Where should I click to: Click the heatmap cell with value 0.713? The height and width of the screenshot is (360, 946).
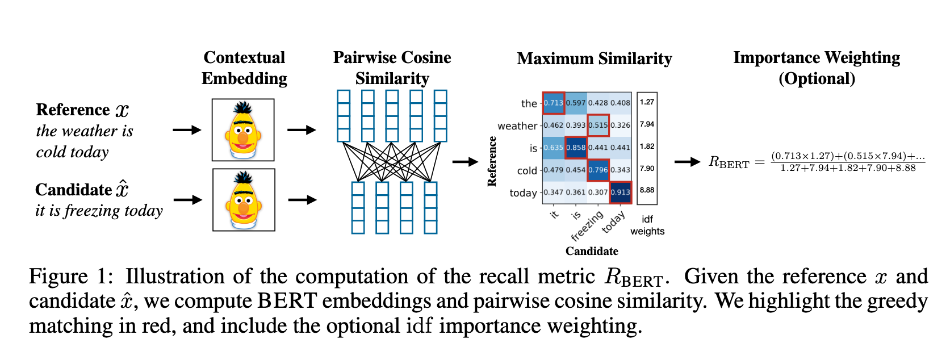(553, 103)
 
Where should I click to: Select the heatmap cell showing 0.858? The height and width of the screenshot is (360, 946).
(576, 147)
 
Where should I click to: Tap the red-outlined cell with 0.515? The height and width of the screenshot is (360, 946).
(598, 125)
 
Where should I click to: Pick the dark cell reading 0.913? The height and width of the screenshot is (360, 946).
(620, 192)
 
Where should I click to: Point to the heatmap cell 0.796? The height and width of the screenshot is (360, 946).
(598, 169)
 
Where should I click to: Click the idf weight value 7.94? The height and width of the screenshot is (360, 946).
(647, 124)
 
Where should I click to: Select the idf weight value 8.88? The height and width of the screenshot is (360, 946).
(647, 190)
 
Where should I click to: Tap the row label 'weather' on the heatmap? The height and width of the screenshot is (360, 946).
(517, 126)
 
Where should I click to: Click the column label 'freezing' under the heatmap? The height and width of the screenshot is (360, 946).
(588, 226)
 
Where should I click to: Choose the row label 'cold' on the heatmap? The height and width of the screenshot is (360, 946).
(527, 170)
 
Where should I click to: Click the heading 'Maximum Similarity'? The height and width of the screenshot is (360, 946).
(594, 58)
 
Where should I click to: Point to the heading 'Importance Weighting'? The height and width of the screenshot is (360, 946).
(816, 58)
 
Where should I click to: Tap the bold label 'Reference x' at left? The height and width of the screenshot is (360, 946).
(82, 110)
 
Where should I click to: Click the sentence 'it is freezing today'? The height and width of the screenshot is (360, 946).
(99, 211)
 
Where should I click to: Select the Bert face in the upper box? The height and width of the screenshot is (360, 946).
(243, 130)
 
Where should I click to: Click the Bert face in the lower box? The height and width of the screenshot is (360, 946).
(244, 200)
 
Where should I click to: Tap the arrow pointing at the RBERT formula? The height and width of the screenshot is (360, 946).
(687, 162)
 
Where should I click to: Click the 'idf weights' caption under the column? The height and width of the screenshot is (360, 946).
(647, 225)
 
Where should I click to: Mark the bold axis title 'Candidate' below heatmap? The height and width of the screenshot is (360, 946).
(592, 251)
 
